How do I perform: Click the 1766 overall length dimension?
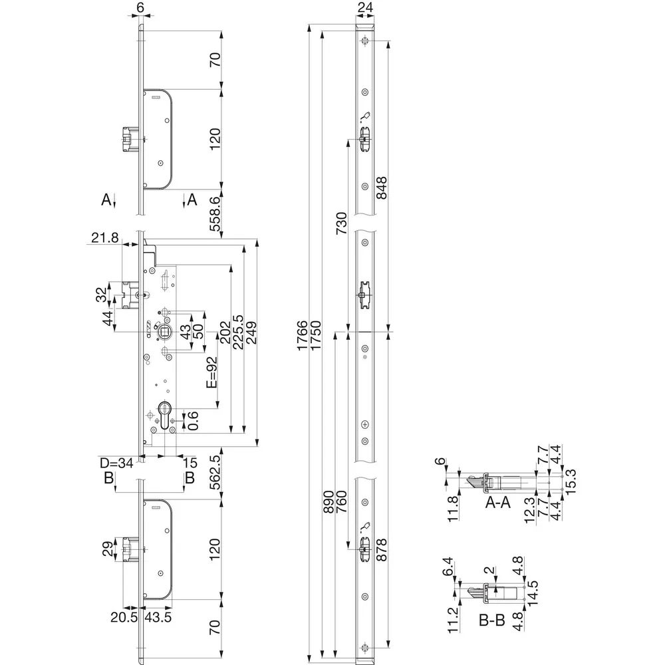tap(302, 336)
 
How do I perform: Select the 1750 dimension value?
tap(316, 336)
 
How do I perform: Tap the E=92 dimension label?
tap(211, 372)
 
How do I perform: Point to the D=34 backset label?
tap(116, 463)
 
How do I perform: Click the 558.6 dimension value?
tap(215, 213)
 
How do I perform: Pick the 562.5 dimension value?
tap(215, 472)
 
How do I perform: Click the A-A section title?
tap(497, 503)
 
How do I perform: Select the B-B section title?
tap(492, 621)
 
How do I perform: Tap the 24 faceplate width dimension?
tap(365, 7)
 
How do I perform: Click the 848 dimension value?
tap(382, 189)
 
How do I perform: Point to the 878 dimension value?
tap(382, 550)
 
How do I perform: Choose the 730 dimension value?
tap(341, 223)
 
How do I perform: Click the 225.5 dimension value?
tap(238, 332)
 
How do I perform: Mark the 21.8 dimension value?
tap(105, 237)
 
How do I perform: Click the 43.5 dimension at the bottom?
tap(158, 617)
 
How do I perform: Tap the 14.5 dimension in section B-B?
tap(532, 593)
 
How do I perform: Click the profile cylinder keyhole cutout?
tap(164, 417)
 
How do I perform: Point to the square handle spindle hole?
tap(164, 331)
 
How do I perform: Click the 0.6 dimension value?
tap(193, 420)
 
